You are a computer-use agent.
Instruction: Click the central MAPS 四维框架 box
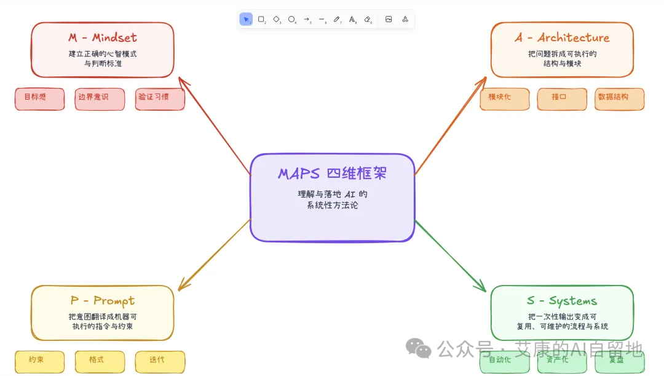pos(332,197)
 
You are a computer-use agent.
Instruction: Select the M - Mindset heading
pos(103,38)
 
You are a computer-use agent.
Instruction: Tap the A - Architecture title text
pos(562,38)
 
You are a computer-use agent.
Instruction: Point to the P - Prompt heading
pos(103,301)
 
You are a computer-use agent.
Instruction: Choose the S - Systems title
pos(562,301)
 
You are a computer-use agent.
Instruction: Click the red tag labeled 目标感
pos(39,98)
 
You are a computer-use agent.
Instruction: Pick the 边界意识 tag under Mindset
pos(100,98)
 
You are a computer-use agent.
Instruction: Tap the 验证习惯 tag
pos(160,98)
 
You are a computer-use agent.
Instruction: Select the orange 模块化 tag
pos(504,98)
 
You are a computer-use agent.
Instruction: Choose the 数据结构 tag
pos(619,98)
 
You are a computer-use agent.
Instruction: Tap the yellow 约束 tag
pos(39,361)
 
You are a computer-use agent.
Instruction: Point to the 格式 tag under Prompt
pos(100,361)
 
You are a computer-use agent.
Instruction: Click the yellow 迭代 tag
pos(160,361)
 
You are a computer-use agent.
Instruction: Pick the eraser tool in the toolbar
pos(368,19)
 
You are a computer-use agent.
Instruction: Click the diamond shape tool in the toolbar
pos(277,19)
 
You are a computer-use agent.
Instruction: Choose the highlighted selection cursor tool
pos(246,19)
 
